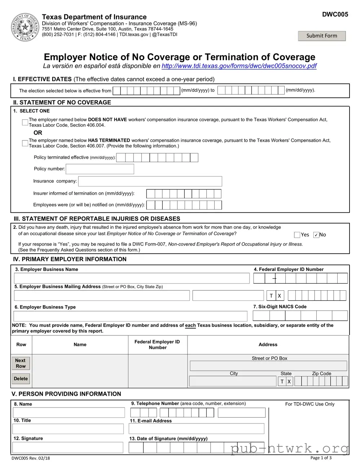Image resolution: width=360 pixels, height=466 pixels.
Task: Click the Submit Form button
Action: coord(321,36)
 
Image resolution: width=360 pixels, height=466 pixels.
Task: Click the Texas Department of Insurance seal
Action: coord(25,27)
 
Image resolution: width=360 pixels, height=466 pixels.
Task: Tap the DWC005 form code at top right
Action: coord(335,14)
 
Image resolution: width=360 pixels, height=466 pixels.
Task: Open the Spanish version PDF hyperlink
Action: coord(239,66)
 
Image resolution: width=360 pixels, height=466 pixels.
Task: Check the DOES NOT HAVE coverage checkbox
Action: coord(25,123)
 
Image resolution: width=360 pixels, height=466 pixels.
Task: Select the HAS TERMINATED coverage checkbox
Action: coord(25,143)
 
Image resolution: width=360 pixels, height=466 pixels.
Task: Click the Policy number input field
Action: coord(100,169)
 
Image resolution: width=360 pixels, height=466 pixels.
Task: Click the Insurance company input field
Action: coord(150,181)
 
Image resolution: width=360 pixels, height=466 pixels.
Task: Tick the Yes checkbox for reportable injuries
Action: coord(297,235)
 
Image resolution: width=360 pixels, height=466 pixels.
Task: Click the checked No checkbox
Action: coord(316,235)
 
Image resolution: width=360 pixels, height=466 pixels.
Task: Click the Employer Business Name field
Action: coord(132,278)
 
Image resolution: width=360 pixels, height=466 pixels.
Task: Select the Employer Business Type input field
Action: coord(130,316)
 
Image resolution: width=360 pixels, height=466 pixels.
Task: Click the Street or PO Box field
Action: coord(268,366)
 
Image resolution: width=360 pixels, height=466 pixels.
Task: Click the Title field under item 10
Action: coord(68,429)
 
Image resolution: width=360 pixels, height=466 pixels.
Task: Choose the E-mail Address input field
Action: coord(196,428)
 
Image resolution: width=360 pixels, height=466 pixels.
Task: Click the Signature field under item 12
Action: coord(68,448)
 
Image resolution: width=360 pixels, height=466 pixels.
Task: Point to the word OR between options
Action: coord(38,133)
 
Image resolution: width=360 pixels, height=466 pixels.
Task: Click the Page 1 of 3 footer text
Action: coord(321,458)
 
